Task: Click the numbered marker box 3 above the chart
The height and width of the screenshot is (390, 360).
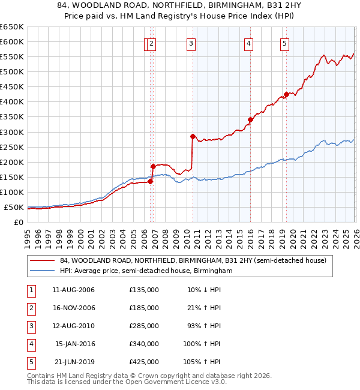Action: (x=191, y=43)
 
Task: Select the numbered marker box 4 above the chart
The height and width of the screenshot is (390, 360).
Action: (x=248, y=43)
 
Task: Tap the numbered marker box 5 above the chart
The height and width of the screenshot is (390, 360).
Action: (x=284, y=43)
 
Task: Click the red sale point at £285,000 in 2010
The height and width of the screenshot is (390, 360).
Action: (x=193, y=136)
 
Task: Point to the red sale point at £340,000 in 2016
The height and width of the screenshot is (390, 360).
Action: (x=250, y=119)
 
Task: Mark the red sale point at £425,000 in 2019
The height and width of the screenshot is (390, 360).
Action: (x=286, y=94)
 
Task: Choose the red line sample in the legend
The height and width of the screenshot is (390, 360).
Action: (x=42, y=261)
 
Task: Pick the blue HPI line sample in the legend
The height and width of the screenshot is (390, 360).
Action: (x=42, y=271)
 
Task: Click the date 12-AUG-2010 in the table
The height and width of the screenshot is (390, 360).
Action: (x=74, y=326)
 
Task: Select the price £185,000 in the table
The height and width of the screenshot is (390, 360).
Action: (x=144, y=308)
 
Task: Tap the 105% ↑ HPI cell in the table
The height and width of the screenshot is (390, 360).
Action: (x=204, y=362)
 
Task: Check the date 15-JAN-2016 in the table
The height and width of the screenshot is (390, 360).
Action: (x=74, y=344)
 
